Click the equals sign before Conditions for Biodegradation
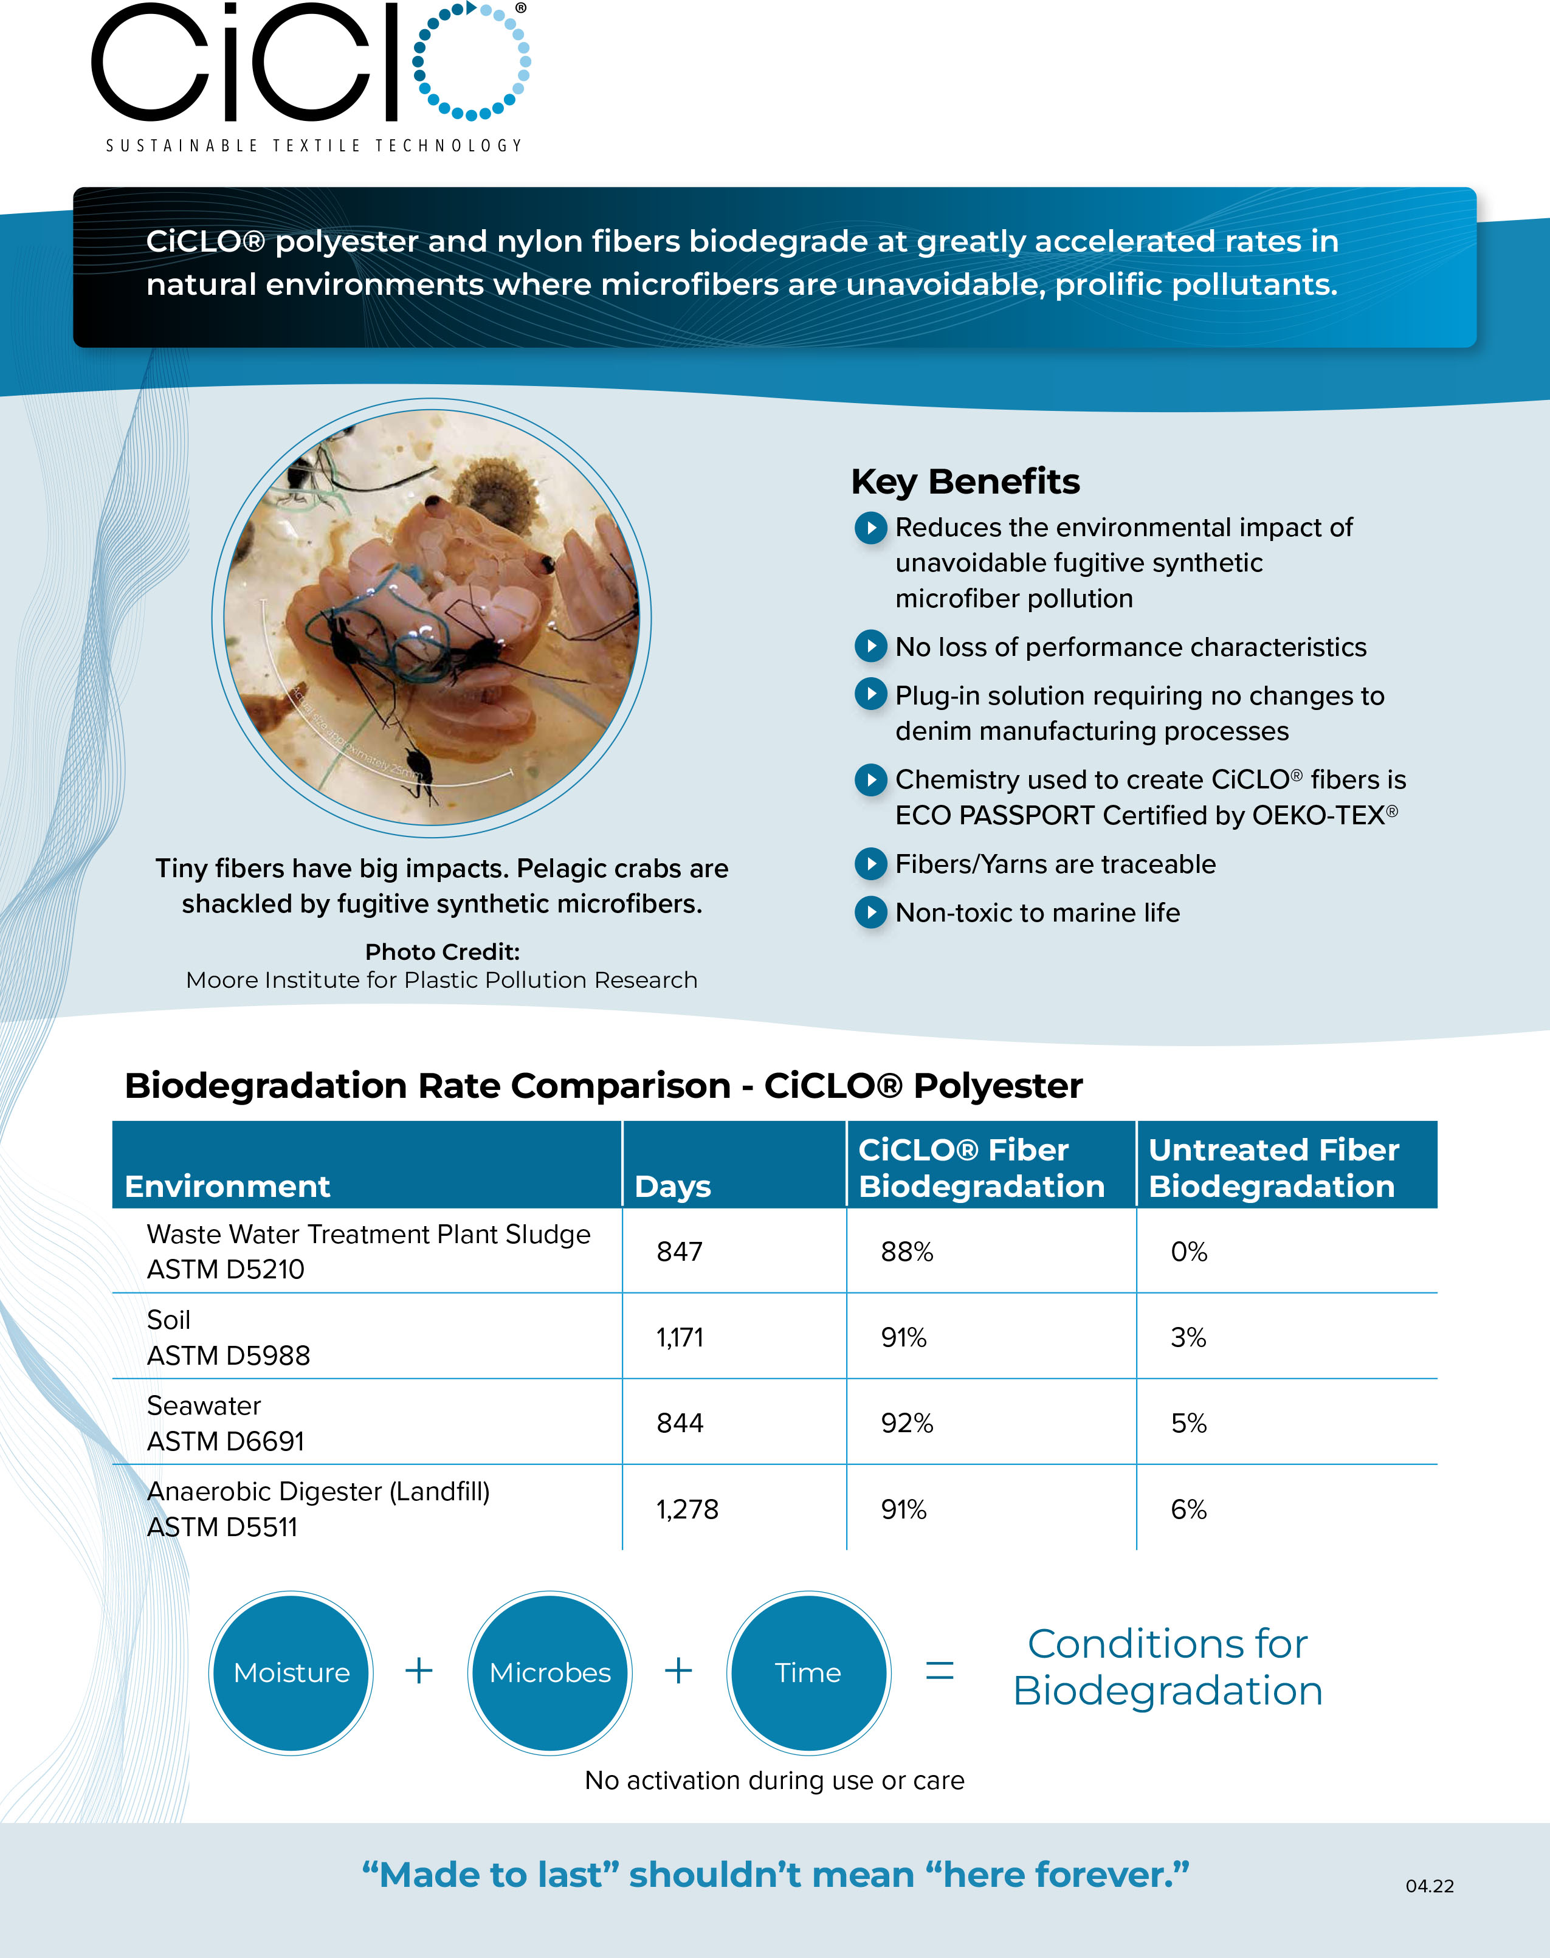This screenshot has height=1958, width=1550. pyautogui.click(x=939, y=1670)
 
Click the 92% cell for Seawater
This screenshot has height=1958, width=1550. pyautogui.click(x=906, y=1422)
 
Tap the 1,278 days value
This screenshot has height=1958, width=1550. pyautogui.click(x=687, y=1509)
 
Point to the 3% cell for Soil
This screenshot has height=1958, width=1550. pyautogui.click(x=1188, y=1337)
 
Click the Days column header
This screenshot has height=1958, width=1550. pyautogui.click(x=672, y=1186)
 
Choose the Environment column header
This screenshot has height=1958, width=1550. pyautogui.click(x=227, y=1186)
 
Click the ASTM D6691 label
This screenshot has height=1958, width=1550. pyautogui.click(x=226, y=1441)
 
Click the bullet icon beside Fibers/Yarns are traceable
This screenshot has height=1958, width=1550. pyautogui.click(x=870, y=864)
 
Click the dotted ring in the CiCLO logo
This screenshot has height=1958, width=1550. pyautogui.click(x=472, y=61)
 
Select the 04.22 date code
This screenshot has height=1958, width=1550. pyautogui.click(x=1429, y=1886)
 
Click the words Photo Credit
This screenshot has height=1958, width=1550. pyautogui.click(x=442, y=952)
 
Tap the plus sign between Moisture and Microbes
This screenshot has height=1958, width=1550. pyautogui.click(x=418, y=1670)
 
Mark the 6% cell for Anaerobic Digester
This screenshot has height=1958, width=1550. pyautogui.click(x=1188, y=1509)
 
